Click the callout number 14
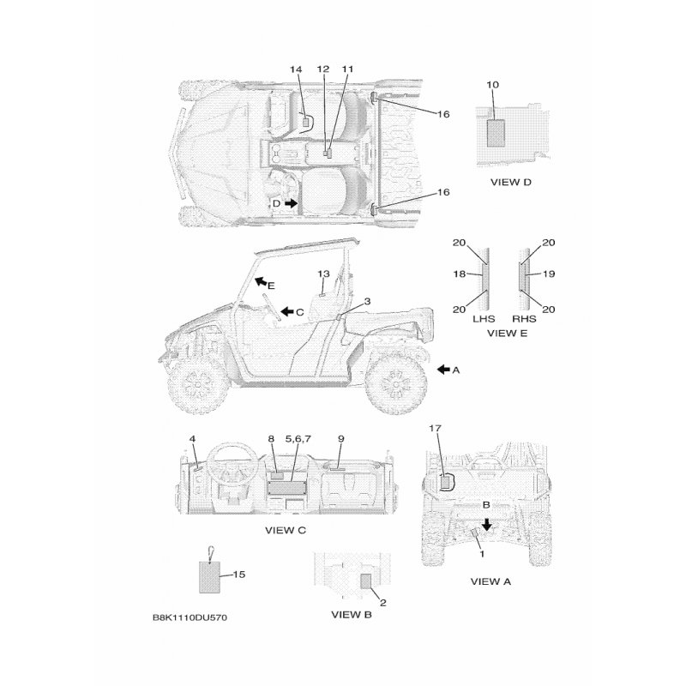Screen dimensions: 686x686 click(x=296, y=69)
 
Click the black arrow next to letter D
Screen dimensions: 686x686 click(x=292, y=203)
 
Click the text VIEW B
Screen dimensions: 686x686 click(x=351, y=614)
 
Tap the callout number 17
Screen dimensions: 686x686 click(x=435, y=426)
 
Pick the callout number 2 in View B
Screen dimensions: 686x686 click(x=382, y=602)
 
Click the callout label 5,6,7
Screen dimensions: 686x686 click(x=298, y=438)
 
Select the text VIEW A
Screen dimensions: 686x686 click(x=490, y=581)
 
